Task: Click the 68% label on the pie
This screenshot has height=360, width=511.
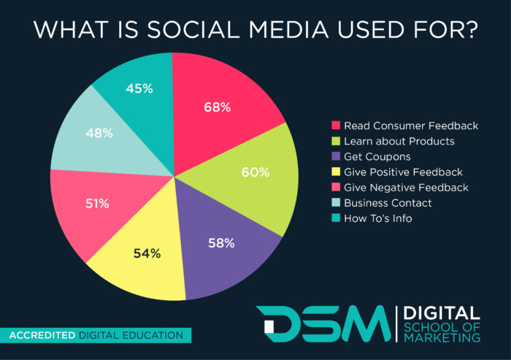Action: point(217,107)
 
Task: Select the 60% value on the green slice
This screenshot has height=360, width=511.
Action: point(255,173)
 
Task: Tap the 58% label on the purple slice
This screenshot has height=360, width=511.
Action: point(220,243)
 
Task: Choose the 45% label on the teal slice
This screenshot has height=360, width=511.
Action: point(138,88)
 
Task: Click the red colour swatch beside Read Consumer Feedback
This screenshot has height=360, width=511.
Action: point(336,126)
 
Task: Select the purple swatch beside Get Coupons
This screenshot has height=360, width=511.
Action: point(336,156)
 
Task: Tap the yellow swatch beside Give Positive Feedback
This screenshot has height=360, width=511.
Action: point(336,172)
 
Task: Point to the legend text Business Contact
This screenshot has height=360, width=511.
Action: point(388,202)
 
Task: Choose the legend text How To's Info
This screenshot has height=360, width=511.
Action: point(379,218)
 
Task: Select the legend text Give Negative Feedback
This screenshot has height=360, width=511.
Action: point(406,187)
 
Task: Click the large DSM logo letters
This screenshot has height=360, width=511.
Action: point(322,323)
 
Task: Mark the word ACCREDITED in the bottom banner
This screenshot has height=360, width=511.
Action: point(42,336)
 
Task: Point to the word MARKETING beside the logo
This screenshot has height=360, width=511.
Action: point(442,337)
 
